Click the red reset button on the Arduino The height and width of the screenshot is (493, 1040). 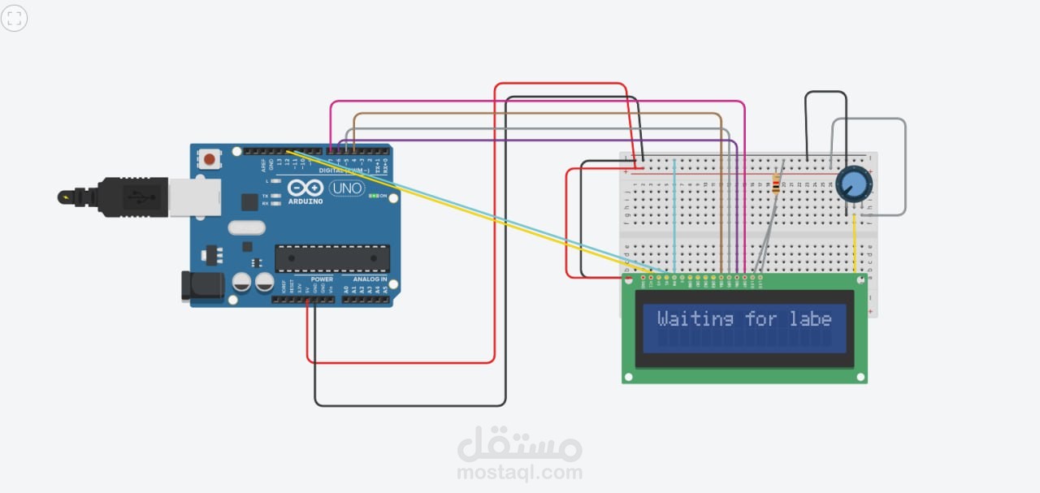tap(210, 159)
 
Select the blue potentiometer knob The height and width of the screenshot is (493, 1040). tap(854, 183)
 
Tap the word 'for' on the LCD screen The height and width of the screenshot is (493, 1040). tap(761, 319)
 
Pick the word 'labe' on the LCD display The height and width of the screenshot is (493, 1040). tap(811, 319)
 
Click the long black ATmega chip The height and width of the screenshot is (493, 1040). tap(331, 257)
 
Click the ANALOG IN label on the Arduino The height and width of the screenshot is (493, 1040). tap(370, 279)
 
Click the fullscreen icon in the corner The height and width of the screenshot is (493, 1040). tap(15, 18)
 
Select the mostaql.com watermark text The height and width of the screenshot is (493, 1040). tap(519, 472)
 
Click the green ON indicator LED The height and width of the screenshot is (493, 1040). tap(375, 196)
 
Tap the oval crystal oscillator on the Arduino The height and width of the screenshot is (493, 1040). tap(246, 227)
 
